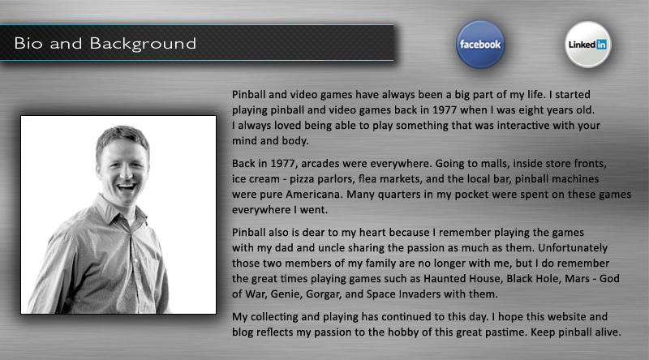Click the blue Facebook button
coord(480,45)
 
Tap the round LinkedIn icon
coord(587,45)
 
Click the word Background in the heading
coord(143,44)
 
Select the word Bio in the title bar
coord(28,43)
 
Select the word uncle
coord(332,248)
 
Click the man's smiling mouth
coord(127,187)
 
